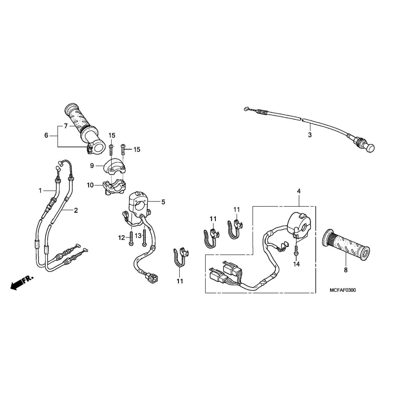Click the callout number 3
(x=310, y=135)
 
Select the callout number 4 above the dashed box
(x=299, y=191)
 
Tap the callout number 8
(x=345, y=270)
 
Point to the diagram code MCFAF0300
(x=343, y=290)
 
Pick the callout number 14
(x=296, y=264)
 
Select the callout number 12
(x=122, y=238)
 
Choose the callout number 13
(x=138, y=235)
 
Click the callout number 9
(x=92, y=166)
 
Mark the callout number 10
(x=90, y=185)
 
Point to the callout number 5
(x=163, y=202)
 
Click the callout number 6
(x=46, y=136)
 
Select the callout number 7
(x=66, y=126)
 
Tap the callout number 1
(x=40, y=191)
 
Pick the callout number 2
(x=76, y=210)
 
